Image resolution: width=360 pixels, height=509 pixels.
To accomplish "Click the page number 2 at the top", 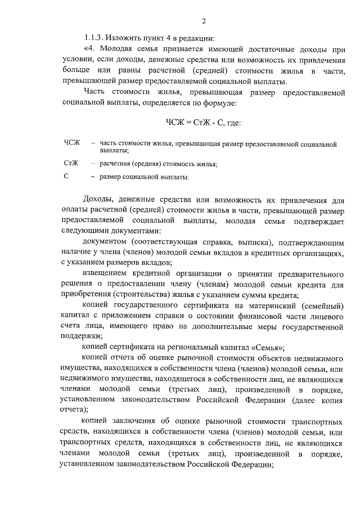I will (x=204, y=21).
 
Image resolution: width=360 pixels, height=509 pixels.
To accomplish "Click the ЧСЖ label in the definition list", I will (x=73, y=145).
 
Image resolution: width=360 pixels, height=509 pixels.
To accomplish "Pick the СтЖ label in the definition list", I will (x=71, y=163).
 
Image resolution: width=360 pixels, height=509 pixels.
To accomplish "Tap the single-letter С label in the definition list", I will (x=66, y=177).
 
